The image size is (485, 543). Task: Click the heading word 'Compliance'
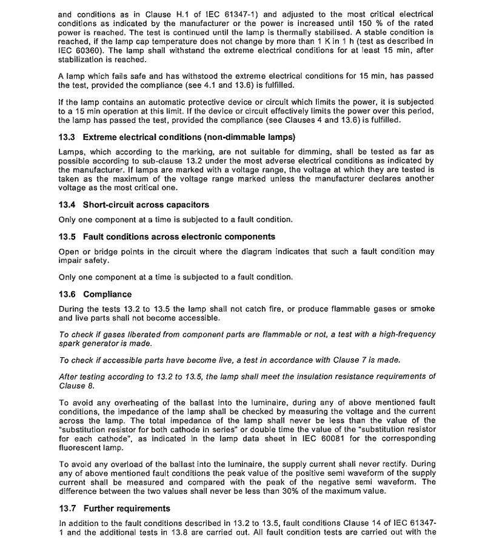click(107, 294)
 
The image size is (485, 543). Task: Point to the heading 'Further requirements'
click(127, 508)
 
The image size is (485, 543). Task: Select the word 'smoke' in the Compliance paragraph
click(423, 309)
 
